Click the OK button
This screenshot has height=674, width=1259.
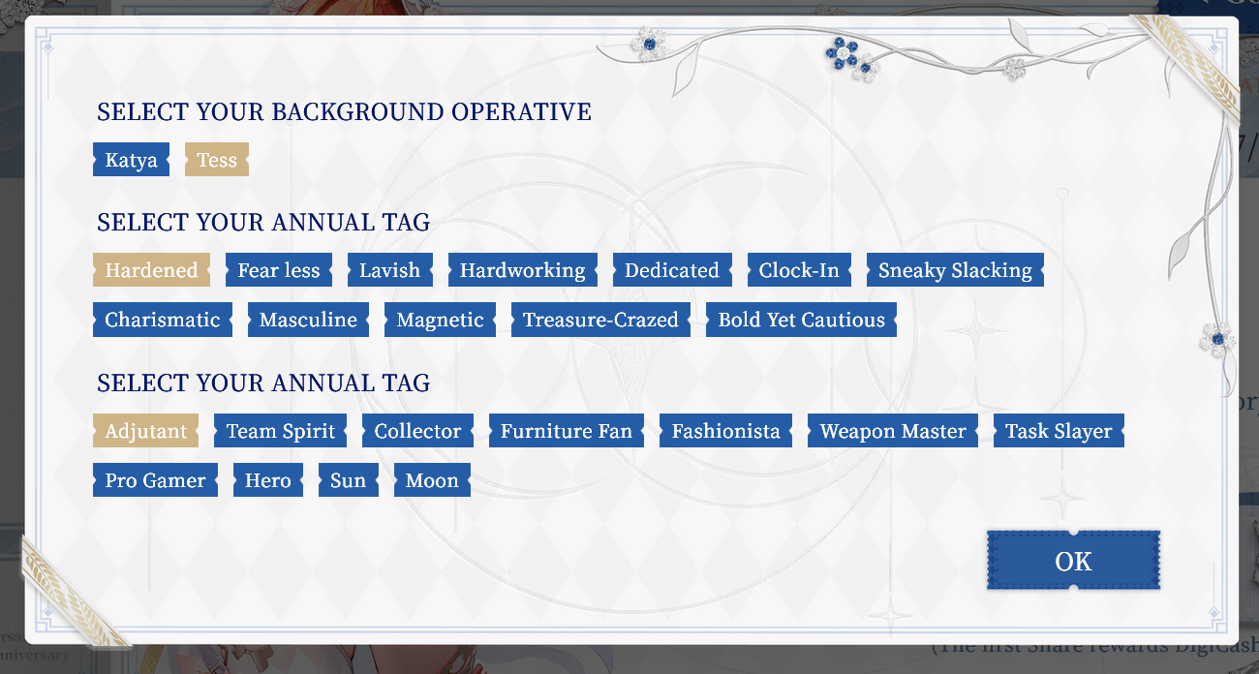(1073, 561)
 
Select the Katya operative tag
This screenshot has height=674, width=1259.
(131, 160)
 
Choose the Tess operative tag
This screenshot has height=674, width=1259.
(217, 160)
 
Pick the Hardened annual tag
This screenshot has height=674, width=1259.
(152, 270)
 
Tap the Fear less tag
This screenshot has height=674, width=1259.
(279, 270)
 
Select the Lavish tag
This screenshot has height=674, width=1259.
(390, 270)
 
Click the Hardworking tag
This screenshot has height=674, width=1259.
(523, 270)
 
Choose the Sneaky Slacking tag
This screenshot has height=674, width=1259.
(956, 270)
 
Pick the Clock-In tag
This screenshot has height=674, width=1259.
(799, 270)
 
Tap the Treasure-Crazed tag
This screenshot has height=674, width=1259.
(600, 320)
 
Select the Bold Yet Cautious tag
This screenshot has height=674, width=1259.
(802, 320)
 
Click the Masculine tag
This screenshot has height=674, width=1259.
(309, 320)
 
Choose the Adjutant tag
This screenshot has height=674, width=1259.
(146, 431)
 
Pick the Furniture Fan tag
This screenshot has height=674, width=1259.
(567, 431)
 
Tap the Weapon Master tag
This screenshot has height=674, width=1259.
(893, 431)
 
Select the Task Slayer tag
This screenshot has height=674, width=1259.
(1059, 431)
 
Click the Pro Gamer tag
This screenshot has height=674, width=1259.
(155, 480)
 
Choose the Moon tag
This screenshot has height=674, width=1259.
(432, 480)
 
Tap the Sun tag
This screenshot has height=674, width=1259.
(349, 480)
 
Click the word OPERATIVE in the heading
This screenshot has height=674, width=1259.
(521, 112)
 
